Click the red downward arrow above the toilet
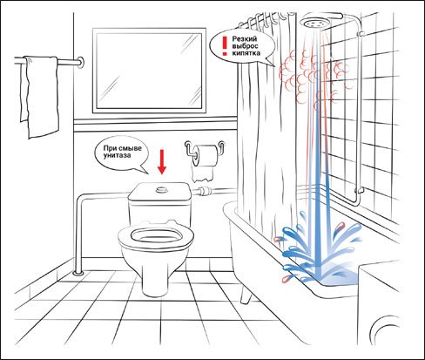coord(162,161)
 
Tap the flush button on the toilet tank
coord(161,190)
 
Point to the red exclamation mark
coord(225,46)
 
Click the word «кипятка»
coord(246,53)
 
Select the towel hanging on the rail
coord(39,97)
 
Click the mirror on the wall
coord(149,71)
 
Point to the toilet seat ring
coord(156,234)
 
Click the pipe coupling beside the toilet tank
coord(205,191)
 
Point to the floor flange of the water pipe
coord(78,273)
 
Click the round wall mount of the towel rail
coord(81,62)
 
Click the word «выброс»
coord(245,46)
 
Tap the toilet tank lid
coord(159,191)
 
